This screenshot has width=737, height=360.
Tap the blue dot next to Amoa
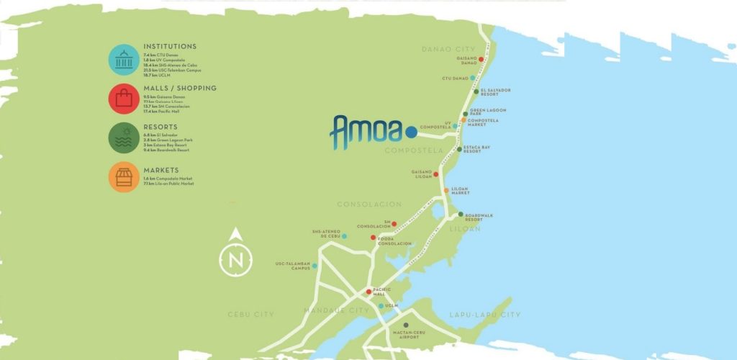[410, 132]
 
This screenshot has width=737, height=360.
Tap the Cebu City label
[251, 315]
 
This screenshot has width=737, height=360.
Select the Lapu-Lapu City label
[484, 315]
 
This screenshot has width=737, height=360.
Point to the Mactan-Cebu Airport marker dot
[406, 325]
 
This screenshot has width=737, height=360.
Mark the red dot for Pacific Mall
[369, 292]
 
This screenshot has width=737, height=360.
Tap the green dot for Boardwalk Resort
[461, 213]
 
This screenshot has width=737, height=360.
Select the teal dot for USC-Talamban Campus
[315, 266]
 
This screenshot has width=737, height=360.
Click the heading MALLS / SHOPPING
[180, 89]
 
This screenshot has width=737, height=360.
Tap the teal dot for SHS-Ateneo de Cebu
[344, 236]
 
